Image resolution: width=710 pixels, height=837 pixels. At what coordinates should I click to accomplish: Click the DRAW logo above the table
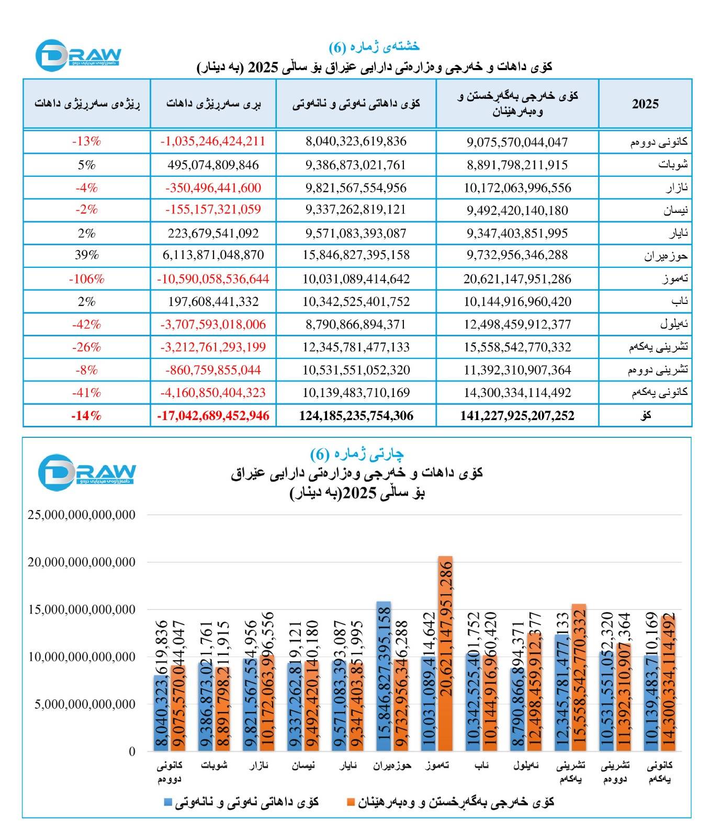[x=78, y=55]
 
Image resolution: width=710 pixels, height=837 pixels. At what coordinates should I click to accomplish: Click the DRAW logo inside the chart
[x=86, y=472]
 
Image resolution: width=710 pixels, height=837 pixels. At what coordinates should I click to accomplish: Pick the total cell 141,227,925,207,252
[x=517, y=416]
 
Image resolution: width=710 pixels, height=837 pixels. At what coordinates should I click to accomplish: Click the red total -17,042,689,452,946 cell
[x=213, y=416]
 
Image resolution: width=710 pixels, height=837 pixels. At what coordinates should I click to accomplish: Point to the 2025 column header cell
[x=645, y=104]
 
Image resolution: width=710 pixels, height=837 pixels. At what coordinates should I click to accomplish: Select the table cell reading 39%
[x=87, y=255]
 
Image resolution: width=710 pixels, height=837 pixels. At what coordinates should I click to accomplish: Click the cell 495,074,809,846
[x=213, y=165]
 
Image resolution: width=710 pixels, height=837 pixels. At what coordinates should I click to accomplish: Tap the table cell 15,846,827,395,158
[x=356, y=255]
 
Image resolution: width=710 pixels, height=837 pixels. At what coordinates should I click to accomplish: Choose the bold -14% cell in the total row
[x=87, y=416]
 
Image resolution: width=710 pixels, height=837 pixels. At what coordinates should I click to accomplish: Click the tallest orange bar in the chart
[x=446, y=654]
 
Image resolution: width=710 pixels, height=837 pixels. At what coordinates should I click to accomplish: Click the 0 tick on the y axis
[x=132, y=752]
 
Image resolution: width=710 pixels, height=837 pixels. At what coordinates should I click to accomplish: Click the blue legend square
[x=168, y=802]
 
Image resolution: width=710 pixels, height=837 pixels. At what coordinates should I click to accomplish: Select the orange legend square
[x=351, y=802]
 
